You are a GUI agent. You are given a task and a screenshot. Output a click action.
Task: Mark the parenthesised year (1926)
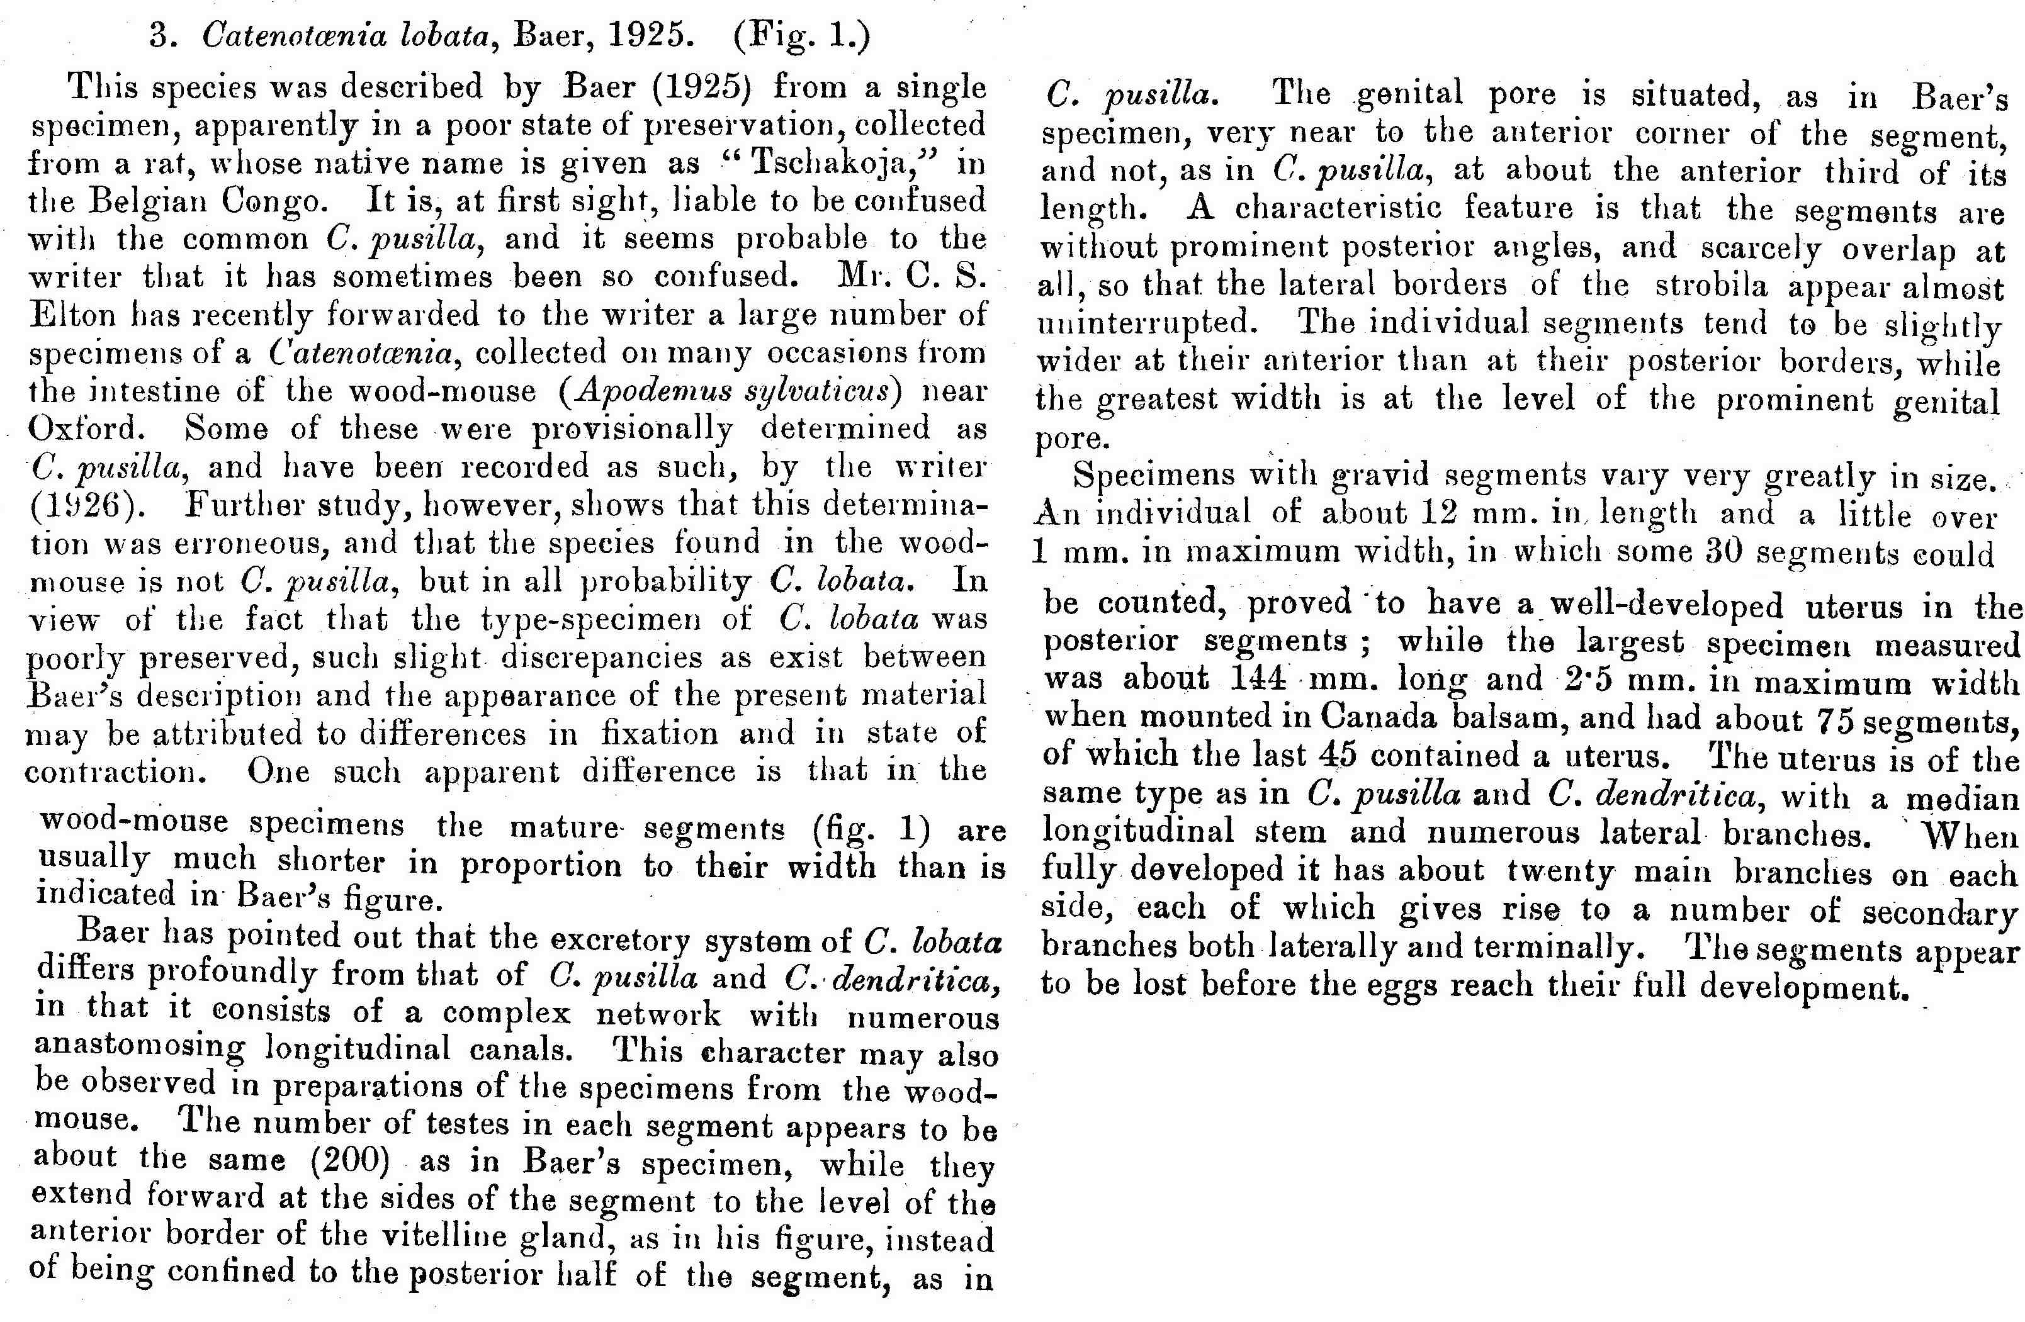tap(83, 506)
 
